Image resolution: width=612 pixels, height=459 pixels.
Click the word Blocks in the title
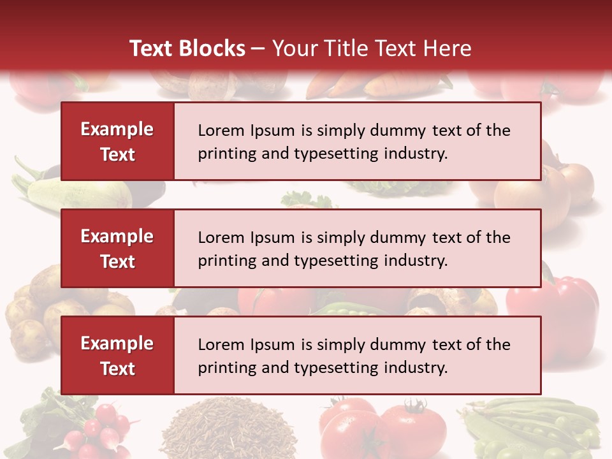tap(215, 48)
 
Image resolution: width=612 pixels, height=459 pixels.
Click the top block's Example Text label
tap(117, 142)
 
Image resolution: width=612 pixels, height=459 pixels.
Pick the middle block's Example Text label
tap(117, 249)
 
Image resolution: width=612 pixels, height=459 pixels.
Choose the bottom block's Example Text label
tap(117, 356)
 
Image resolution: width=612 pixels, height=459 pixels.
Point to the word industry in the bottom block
tap(414, 368)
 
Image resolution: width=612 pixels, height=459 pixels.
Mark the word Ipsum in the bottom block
tap(273, 345)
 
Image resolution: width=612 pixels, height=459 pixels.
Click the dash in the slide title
tap(258, 49)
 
